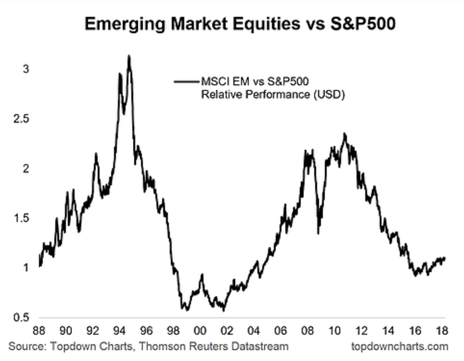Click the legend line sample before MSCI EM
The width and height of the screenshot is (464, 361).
(186, 81)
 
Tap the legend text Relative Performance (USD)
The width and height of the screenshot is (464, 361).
(273, 94)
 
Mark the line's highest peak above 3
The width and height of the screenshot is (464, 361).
(129, 56)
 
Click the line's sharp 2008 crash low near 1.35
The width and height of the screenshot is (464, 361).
(319, 233)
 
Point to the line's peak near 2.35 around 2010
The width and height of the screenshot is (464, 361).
(345, 134)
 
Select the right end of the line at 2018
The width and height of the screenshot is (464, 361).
(445, 258)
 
